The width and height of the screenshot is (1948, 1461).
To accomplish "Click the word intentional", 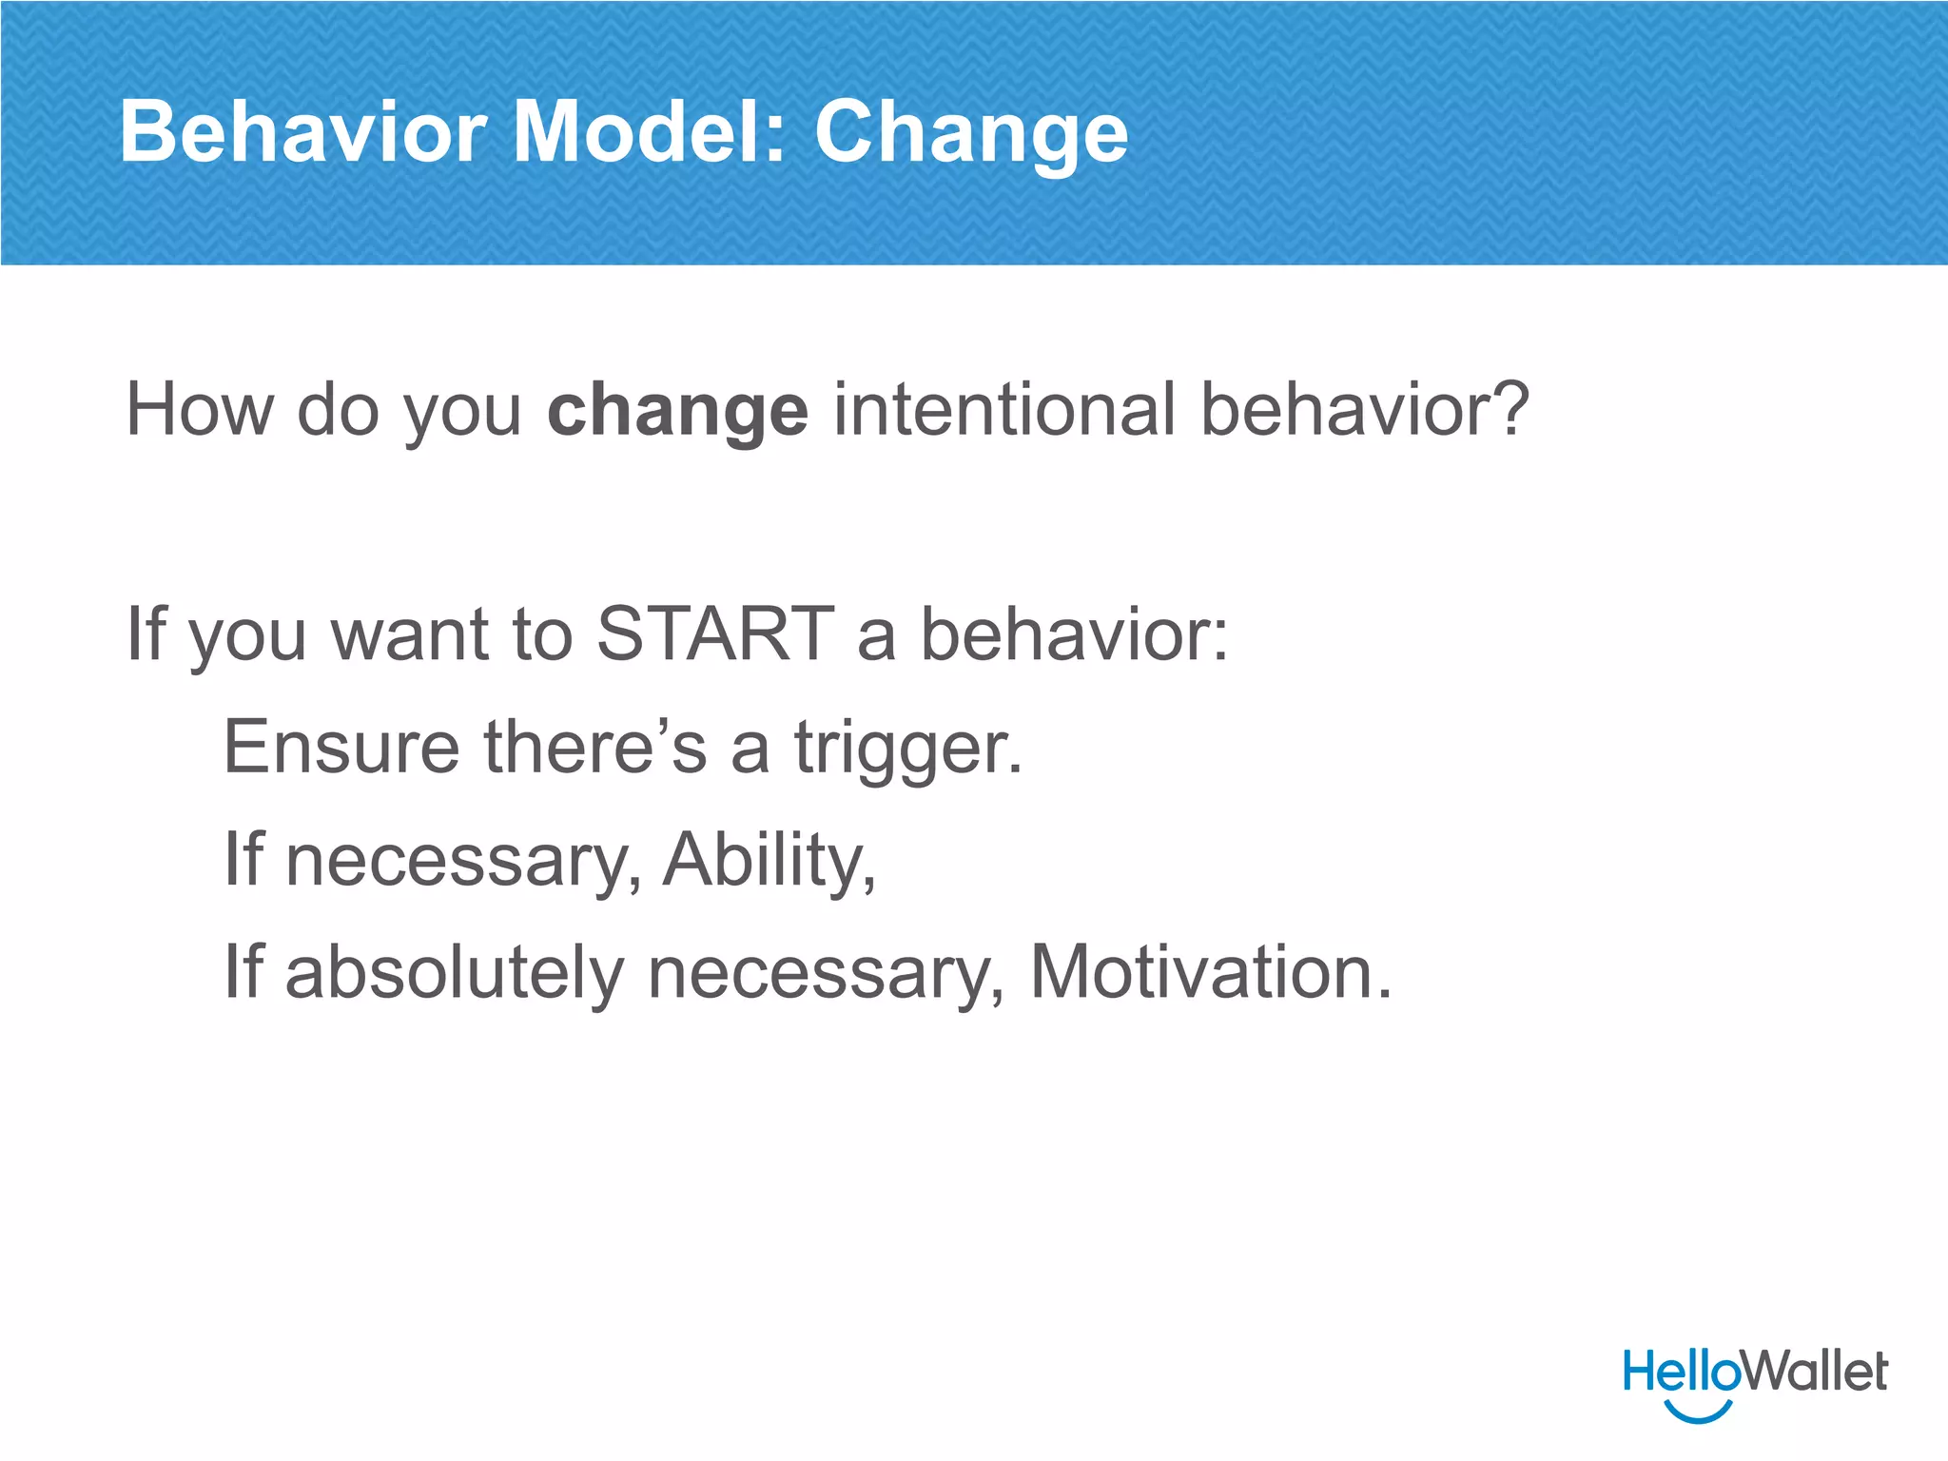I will (1004, 409).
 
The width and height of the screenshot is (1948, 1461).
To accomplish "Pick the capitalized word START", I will (714, 633).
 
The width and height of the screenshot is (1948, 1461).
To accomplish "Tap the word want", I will (411, 635).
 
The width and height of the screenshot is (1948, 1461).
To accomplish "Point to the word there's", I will (595, 748).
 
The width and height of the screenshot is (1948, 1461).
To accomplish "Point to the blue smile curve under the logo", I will (1699, 1412).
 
